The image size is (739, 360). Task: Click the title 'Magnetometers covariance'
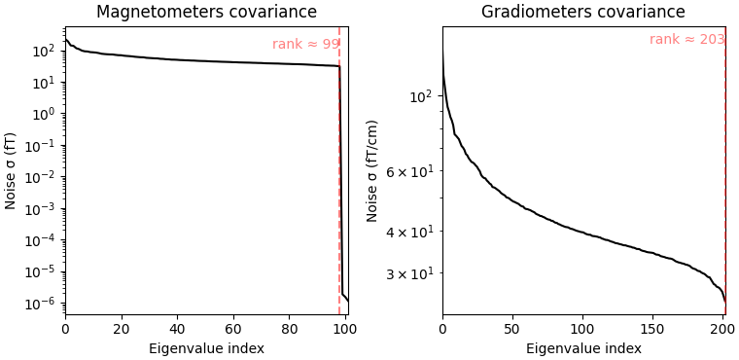206,13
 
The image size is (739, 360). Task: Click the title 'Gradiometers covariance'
583,13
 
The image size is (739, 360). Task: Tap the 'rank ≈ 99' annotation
305,45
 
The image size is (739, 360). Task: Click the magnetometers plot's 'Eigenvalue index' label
206,348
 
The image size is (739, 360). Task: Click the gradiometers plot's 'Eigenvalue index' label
583,348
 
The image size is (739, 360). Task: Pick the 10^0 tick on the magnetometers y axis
45,114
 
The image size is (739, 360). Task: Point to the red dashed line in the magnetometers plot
339,195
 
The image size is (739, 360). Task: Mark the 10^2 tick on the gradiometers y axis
420,96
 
